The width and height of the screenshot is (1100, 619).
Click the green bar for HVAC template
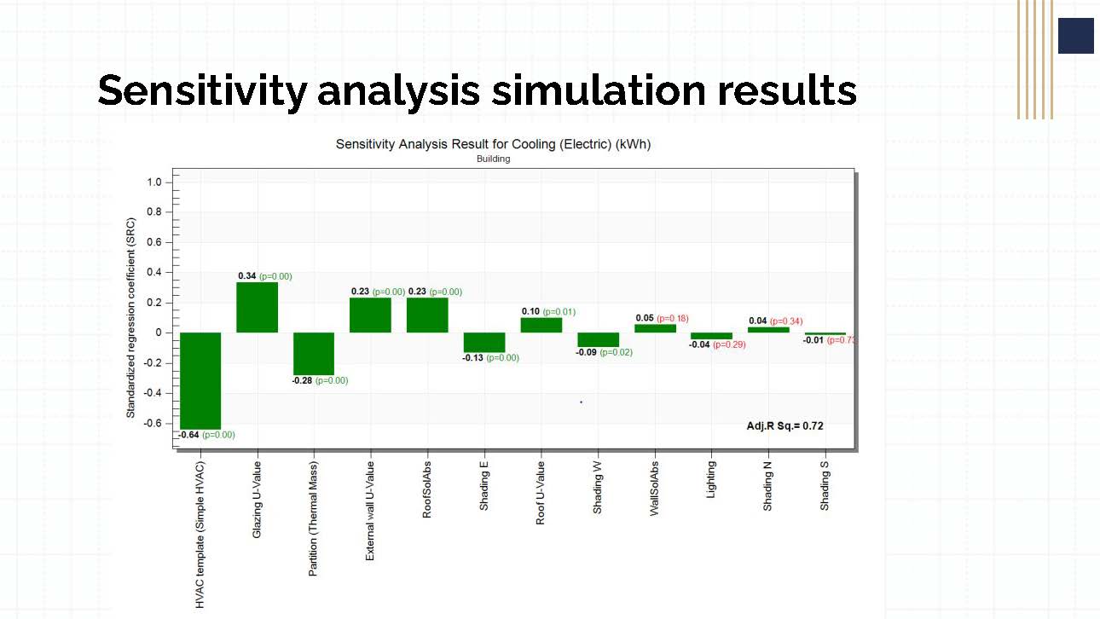coord(200,380)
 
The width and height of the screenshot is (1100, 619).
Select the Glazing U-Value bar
coord(257,307)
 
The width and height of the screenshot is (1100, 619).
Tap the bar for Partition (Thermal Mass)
coord(314,353)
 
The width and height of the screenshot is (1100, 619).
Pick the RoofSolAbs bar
coord(427,315)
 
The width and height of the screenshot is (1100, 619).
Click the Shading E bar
coord(484,342)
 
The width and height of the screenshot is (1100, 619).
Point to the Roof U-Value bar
coord(541,325)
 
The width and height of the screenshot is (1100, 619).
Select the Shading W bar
coord(598,339)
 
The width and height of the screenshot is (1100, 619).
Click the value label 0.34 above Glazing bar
coord(247,276)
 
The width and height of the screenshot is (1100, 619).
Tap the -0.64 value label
coord(188,435)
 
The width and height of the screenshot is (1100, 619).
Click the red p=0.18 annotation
coord(673,318)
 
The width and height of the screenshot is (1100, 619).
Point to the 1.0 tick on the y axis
coord(153,182)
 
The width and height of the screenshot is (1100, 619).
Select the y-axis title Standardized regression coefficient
coord(131,317)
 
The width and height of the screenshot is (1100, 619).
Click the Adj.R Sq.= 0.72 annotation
coord(784,425)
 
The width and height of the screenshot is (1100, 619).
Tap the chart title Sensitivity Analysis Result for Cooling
coord(493,144)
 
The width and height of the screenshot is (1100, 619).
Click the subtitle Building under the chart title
coord(493,159)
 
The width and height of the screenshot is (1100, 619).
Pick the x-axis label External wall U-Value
coord(370,511)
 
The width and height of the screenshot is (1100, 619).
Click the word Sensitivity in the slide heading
coord(201,90)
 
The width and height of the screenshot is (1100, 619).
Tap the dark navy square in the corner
coord(1075,36)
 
